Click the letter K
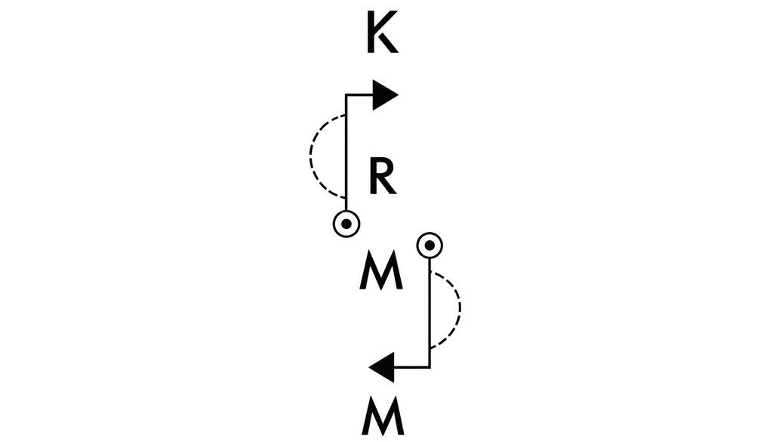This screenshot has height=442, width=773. pyautogui.click(x=381, y=32)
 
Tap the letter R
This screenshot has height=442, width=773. pyautogui.click(x=383, y=176)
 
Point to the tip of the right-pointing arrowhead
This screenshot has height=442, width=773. pyautogui.click(x=399, y=94)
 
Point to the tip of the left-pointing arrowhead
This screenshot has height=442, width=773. pyautogui.click(x=368, y=367)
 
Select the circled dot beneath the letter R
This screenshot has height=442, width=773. pyautogui.click(x=346, y=224)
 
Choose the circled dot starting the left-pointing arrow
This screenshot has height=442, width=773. pyautogui.click(x=430, y=245)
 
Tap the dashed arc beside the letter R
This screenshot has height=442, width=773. pyautogui.click(x=310, y=156)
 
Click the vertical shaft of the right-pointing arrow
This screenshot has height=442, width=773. pyautogui.click(x=346, y=153)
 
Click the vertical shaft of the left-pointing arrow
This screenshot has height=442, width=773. pyautogui.click(x=430, y=313)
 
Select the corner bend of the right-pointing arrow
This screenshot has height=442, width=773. pyautogui.click(x=346, y=94)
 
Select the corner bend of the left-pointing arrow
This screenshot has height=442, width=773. pyautogui.click(x=430, y=367)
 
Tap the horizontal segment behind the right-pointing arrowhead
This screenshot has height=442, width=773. pyautogui.click(x=360, y=94)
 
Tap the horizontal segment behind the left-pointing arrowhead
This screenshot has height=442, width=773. pyautogui.click(x=411, y=367)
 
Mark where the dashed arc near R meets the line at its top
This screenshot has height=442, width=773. pyautogui.click(x=346, y=115)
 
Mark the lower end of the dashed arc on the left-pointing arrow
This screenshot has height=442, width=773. pyautogui.click(x=430, y=348)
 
